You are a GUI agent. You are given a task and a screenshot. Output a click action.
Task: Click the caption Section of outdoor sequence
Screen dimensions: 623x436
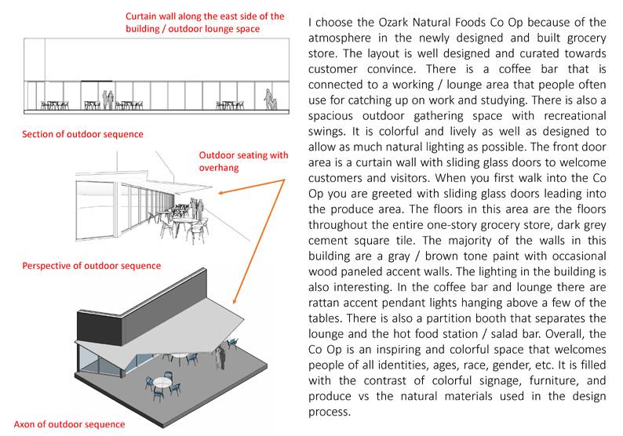(x=82, y=134)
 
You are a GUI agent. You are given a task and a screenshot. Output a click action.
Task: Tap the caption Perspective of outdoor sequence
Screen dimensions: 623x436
(x=92, y=266)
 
